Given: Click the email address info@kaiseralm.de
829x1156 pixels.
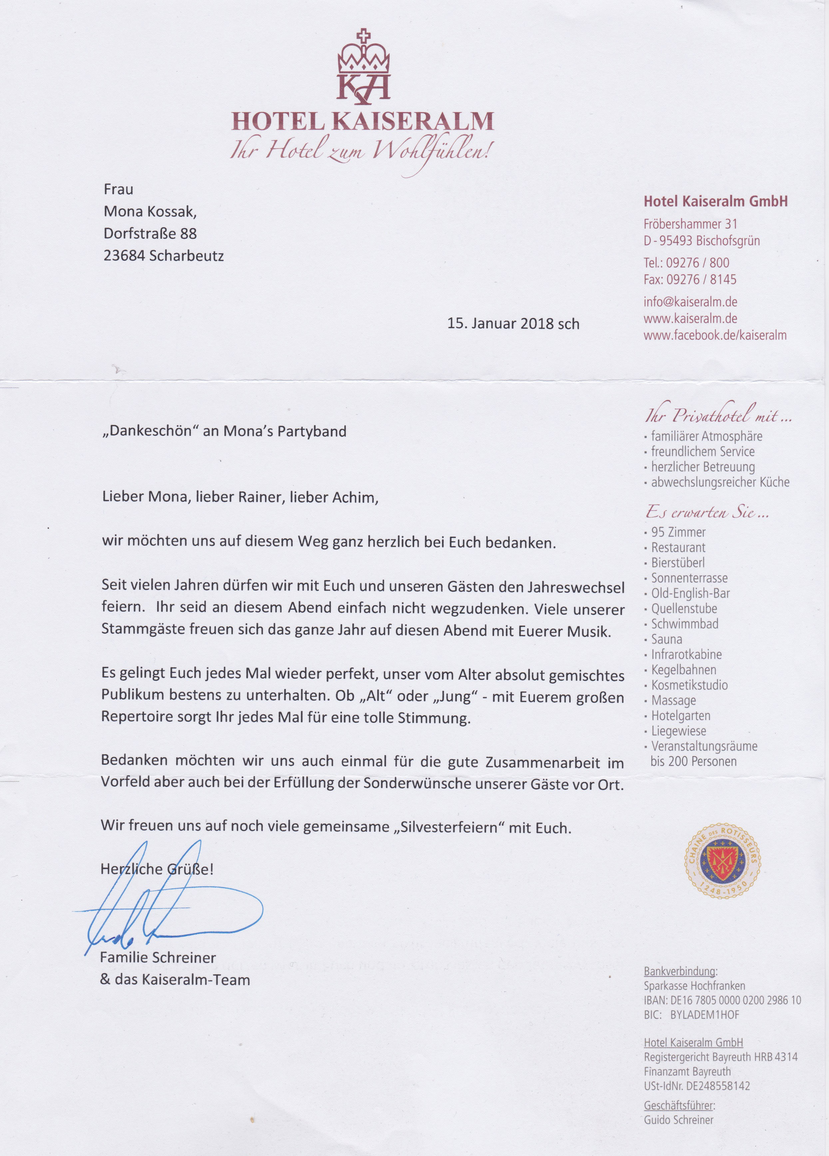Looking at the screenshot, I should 690,302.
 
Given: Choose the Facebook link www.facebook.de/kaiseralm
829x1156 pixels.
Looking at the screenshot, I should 715,335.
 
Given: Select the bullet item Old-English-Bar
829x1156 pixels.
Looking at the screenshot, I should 690,593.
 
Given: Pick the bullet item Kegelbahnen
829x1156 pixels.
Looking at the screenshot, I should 684,670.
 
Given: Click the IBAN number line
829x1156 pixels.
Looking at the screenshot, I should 722,1000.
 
